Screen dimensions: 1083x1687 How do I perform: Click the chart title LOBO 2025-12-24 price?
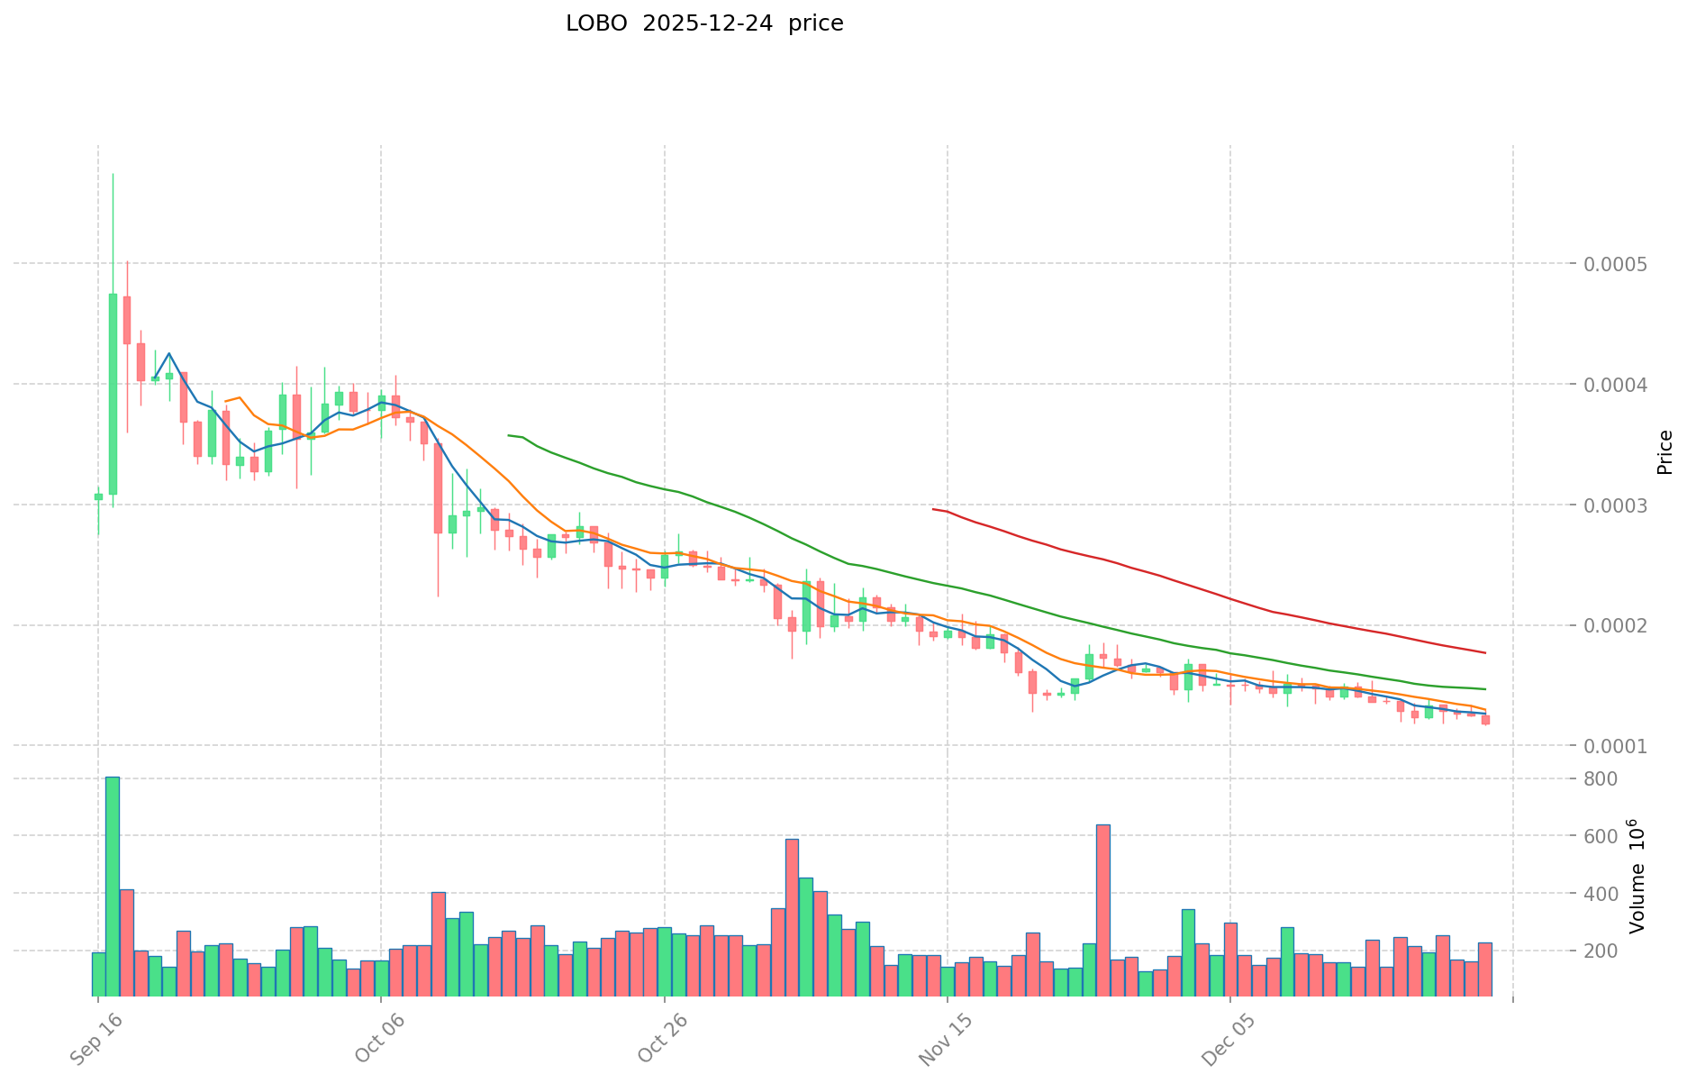click(x=704, y=24)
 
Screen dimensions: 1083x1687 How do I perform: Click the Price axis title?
click(x=1664, y=452)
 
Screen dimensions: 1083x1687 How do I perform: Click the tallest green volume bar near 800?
click(x=113, y=886)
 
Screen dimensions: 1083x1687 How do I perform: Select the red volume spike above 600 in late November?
click(x=1102, y=910)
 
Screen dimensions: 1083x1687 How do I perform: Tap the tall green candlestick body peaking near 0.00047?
click(x=113, y=394)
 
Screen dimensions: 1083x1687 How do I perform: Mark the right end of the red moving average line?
click(x=1485, y=652)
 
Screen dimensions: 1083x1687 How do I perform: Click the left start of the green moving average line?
click(x=509, y=435)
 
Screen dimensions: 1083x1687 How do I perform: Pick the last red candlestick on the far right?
click(x=1485, y=720)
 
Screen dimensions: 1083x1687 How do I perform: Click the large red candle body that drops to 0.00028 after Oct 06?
click(x=439, y=487)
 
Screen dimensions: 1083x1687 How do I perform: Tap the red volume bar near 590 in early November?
click(x=792, y=917)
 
